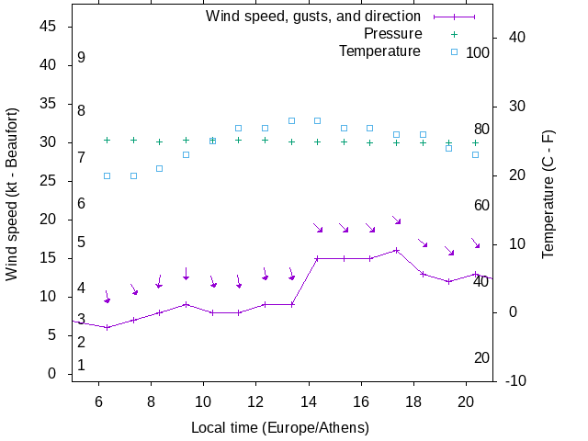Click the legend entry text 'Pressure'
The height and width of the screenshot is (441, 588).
[391, 34]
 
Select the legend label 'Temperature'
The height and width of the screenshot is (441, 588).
[379, 51]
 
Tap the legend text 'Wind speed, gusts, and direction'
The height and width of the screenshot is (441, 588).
[312, 17]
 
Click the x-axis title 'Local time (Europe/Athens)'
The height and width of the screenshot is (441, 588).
[280, 428]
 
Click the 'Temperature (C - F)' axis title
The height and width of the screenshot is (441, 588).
[548, 195]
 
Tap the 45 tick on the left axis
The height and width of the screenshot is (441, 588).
[50, 27]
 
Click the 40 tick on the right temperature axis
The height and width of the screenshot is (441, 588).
[515, 38]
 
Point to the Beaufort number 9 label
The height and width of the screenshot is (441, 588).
[81, 58]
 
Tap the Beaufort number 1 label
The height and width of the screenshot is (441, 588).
[81, 365]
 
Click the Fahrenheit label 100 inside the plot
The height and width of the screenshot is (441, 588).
[478, 52]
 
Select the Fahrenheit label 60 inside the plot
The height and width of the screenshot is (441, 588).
[481, 205]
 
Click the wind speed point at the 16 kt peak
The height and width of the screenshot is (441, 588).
[396, 250]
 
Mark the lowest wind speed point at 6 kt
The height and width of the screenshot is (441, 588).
[107, 327]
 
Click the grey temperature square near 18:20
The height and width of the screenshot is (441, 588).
[423, 135]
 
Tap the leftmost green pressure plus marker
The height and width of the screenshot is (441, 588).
[107, 140]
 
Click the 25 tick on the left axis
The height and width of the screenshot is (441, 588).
[50, 181]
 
